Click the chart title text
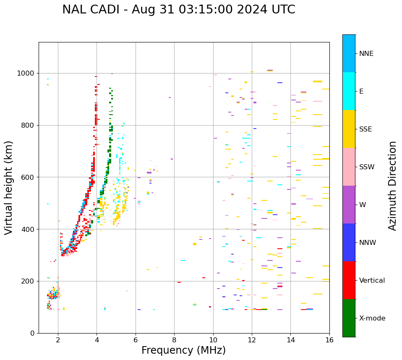178,10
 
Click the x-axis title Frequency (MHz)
183,350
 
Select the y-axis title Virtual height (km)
9,187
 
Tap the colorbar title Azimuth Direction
392,185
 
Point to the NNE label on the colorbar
366,54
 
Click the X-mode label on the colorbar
372,318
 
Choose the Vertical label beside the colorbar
372,281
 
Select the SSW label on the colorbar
367,167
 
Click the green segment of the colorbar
349,318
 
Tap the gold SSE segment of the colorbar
349,129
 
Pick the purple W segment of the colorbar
349,204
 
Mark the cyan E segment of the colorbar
349,91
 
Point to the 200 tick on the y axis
29,281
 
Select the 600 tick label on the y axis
29,177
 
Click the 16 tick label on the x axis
329,339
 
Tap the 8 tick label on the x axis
174,339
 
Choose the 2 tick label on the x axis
58,339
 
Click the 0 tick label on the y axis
33,333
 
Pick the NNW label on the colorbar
368,243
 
